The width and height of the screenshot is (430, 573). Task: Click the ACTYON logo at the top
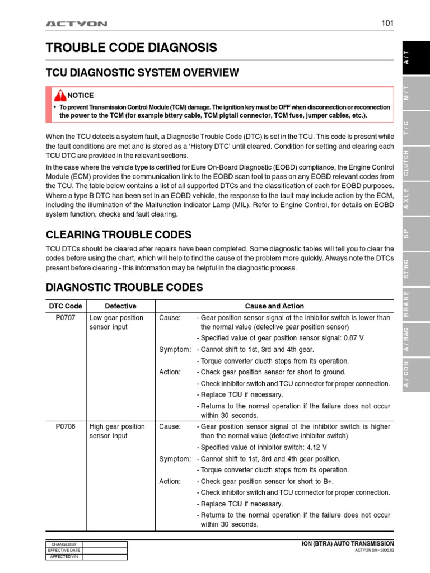click(x=76, y=24)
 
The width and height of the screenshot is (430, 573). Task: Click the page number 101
click(x=387, y=24)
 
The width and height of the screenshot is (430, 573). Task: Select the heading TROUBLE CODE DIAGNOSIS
click(x=131, y=48)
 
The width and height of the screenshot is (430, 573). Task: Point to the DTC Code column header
click(x=66, y=306)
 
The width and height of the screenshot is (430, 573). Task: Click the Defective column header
click(x=120, y=306)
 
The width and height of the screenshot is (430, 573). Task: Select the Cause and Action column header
click(x=274, y=306)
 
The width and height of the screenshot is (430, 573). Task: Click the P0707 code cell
click(x=66, y=318)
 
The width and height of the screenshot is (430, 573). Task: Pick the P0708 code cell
click(x=66, y=426)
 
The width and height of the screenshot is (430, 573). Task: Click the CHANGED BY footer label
click(x=63, y=544)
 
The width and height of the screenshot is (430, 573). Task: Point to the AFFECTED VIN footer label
click(x=63, y=557)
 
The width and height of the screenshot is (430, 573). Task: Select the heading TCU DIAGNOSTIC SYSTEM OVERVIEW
click(x=142, y=73)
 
